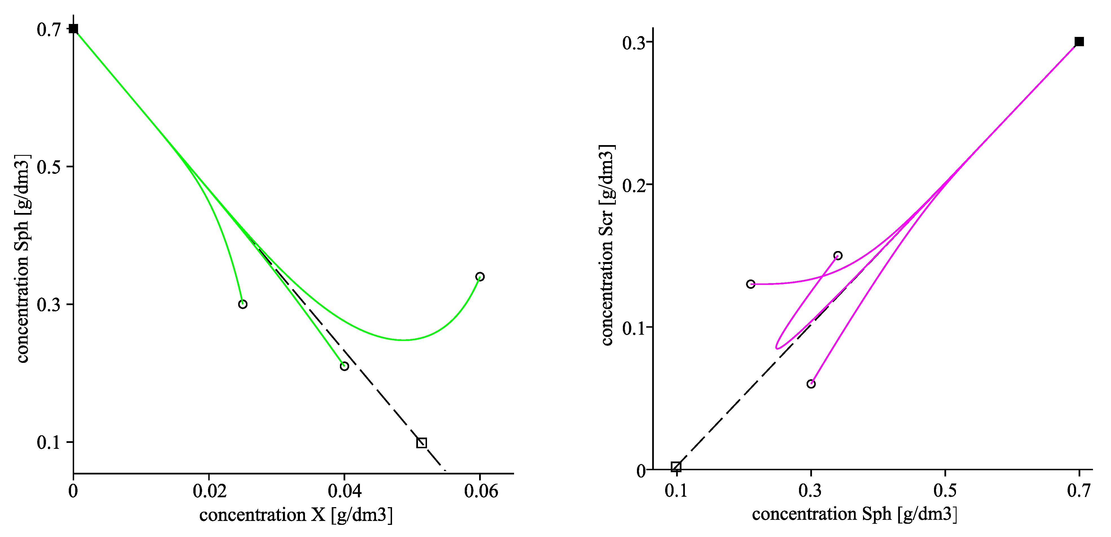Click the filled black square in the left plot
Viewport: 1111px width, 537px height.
(74, 29)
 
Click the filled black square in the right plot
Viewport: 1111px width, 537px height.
(1079, 42)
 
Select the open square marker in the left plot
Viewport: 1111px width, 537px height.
(421, 443)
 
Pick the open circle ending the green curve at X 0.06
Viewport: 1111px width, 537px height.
(480, 277)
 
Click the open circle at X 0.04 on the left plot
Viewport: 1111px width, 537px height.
(344, 366)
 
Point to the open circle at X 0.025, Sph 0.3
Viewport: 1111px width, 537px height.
(243, 304)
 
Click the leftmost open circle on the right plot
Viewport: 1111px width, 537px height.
(751, 284)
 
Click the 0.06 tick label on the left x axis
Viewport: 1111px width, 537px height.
(481, 491)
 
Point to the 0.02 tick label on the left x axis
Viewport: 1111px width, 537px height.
(210, 491)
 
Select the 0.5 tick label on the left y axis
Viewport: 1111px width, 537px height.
(48, 167)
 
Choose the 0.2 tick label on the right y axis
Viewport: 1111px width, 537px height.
(634, 185)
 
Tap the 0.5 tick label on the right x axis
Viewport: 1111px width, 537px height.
(945, 491)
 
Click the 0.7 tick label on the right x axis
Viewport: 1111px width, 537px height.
(1079, 491)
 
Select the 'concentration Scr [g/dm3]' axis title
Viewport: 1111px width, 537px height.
(607, 245)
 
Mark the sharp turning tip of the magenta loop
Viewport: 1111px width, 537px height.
(777, 347)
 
